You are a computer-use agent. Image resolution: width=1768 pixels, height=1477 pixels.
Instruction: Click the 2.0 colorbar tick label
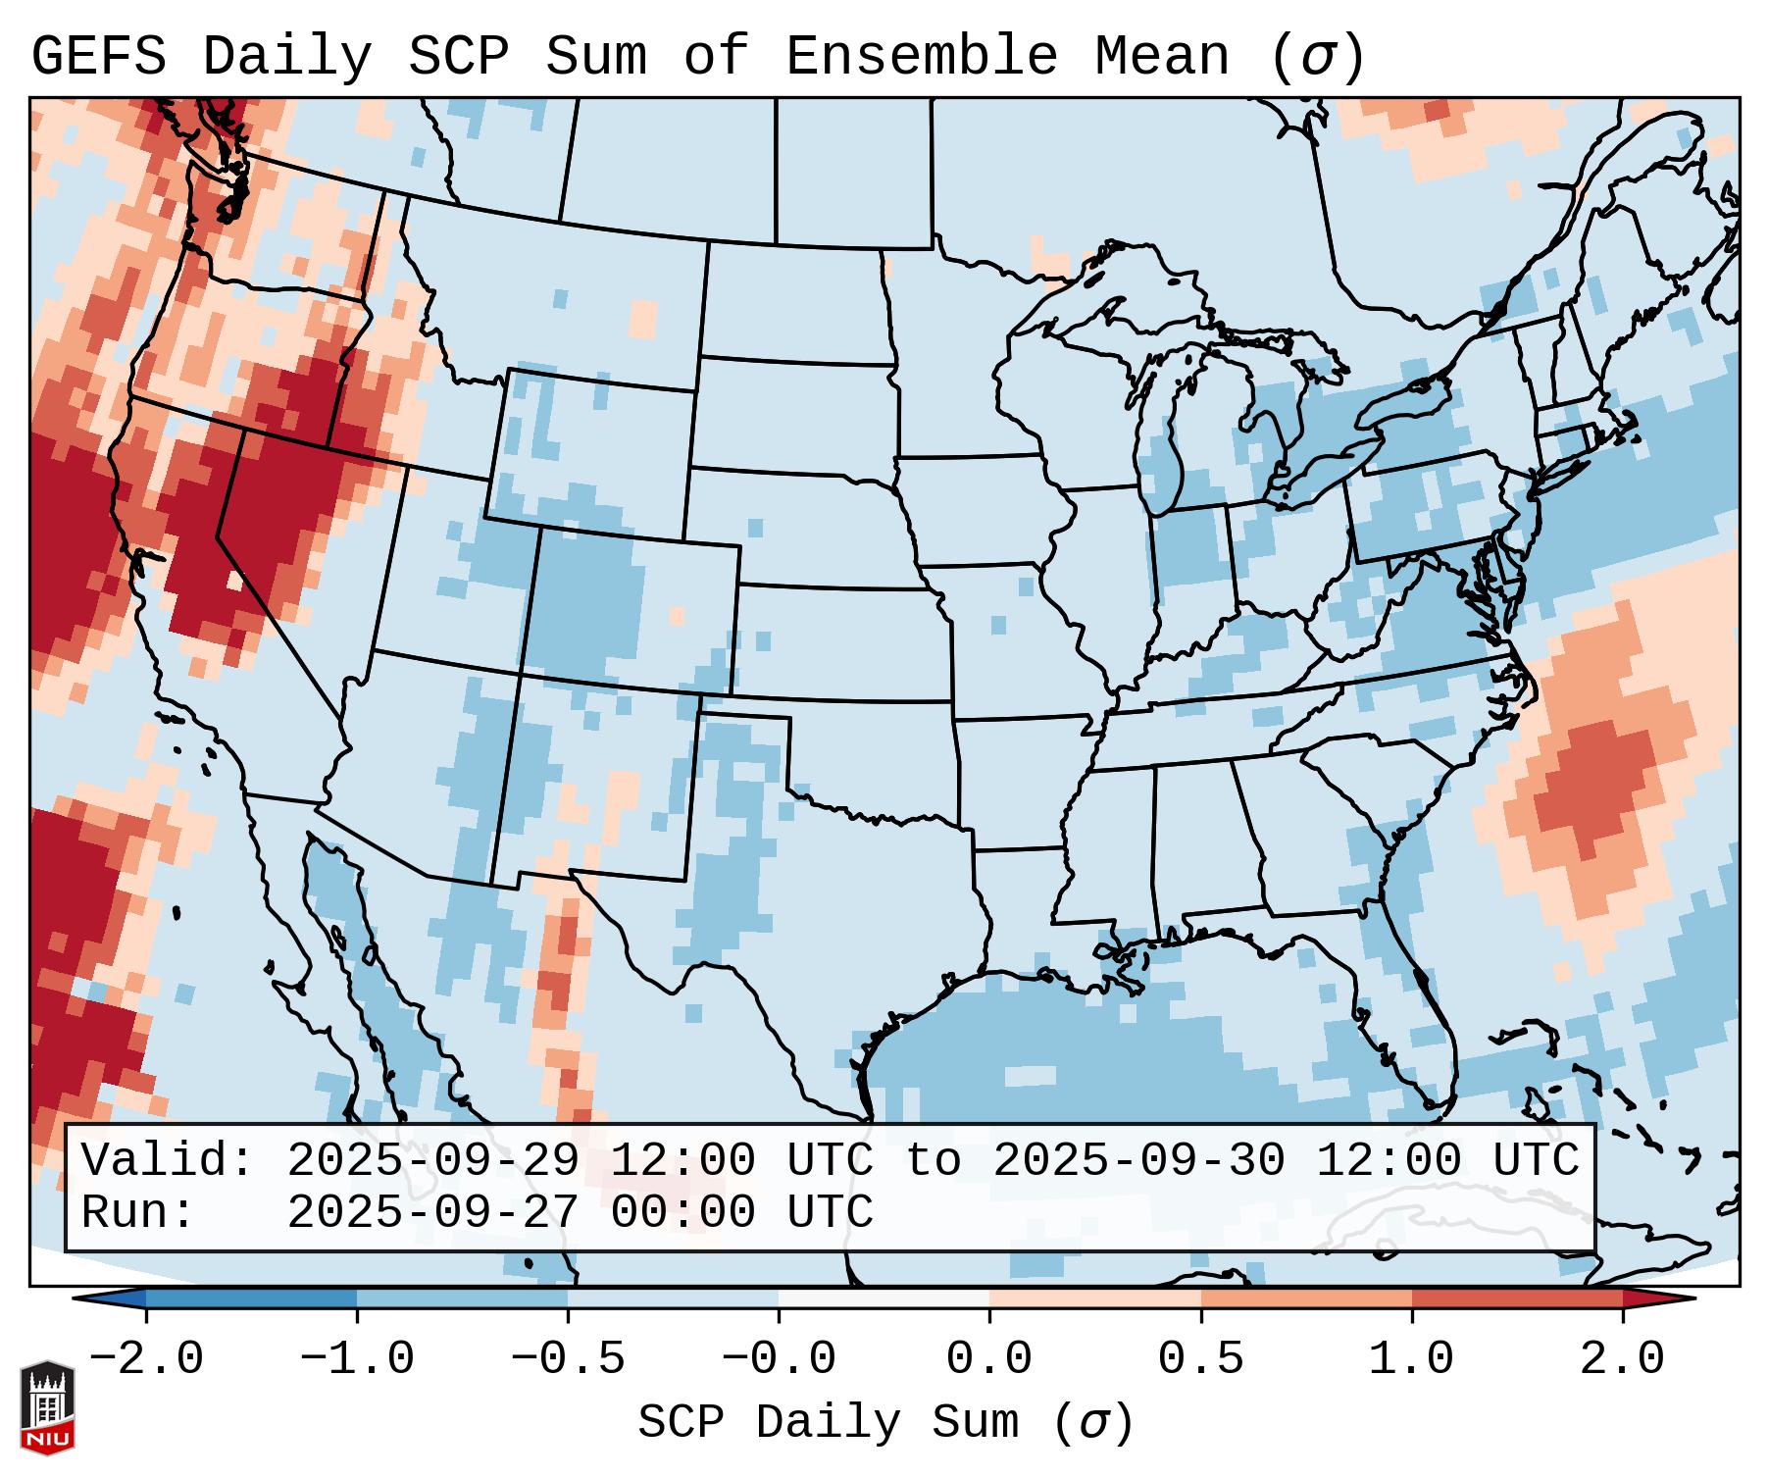pos(1622,1359)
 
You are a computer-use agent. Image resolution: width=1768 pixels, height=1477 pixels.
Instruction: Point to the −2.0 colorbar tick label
pos(146,1359)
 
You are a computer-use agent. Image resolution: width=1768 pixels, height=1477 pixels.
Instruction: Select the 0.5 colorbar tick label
pos(1200,1359)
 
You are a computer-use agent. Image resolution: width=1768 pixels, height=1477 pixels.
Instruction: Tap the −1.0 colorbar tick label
pos(357,1359)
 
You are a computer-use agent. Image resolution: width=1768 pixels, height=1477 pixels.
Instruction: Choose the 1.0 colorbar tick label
pos(1411,1359)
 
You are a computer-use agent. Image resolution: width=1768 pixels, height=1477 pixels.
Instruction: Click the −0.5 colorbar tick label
pos(568,1359)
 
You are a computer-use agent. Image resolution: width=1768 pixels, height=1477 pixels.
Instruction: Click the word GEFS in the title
pos(98,56)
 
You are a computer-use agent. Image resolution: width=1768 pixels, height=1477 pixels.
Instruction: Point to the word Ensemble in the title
pos(921,56)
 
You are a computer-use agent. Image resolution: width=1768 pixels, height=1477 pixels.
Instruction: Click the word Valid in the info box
pos(167,1160)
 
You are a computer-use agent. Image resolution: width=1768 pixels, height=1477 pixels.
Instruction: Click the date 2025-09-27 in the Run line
pos(432,1213)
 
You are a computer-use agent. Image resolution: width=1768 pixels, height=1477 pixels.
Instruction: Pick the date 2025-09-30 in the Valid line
pos(1138,1160)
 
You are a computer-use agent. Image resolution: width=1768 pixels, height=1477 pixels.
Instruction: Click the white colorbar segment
pos(884,1299)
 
